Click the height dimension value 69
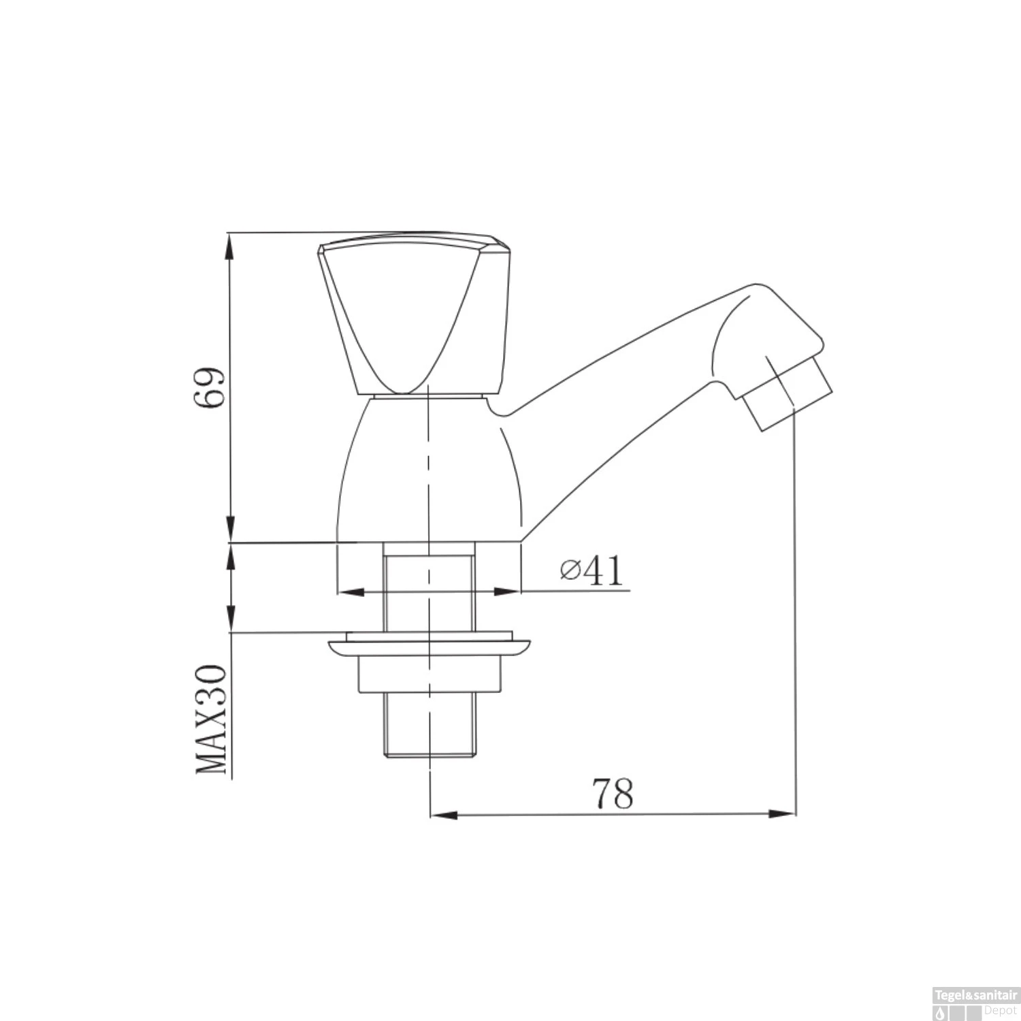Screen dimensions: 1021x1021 (208, 388)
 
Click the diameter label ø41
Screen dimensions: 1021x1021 (591, 570)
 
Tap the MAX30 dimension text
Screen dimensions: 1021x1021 (211, 719)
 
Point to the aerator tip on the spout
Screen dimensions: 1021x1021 (788, 398)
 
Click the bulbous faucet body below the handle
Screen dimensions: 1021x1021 (429, 470)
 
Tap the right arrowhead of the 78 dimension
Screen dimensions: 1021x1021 (783, 813)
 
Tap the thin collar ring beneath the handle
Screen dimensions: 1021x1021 (429, 396)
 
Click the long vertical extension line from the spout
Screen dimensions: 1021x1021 (796, 613)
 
